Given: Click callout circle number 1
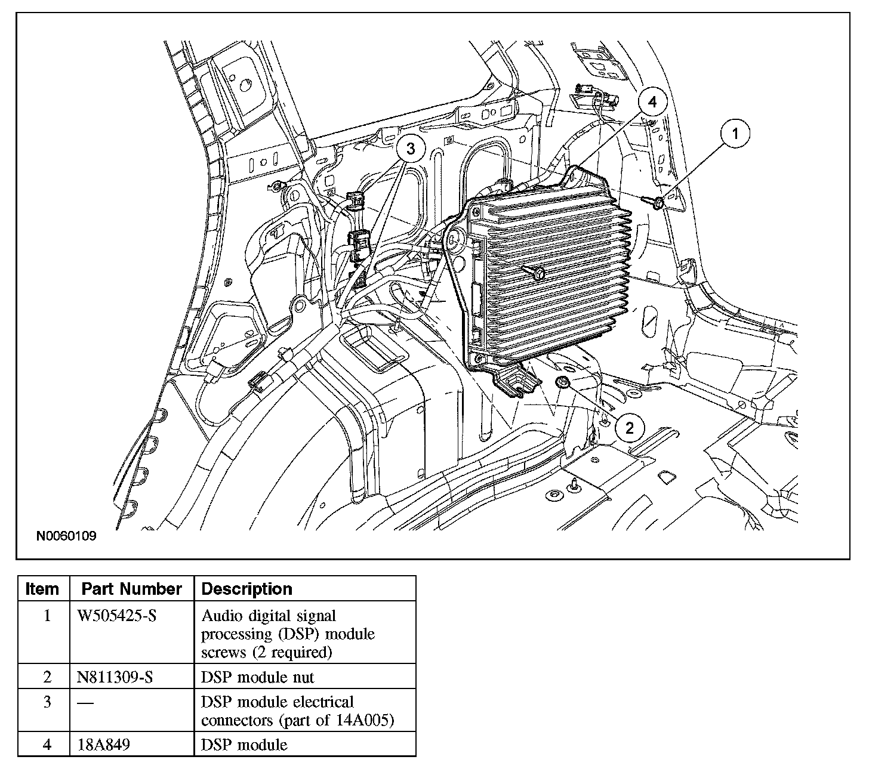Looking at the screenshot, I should click(735, 135).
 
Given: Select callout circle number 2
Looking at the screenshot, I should click(630, 427).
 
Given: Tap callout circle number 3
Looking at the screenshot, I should click(410, 149).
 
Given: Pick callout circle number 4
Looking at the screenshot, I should click(652, 102).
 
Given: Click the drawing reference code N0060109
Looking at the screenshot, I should click(66, 536).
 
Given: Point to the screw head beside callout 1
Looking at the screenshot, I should click(658, 204).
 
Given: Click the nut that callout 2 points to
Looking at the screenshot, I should click(562, 382).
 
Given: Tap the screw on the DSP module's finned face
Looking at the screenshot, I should click(538, 273).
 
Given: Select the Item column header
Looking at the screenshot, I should click(42, 589).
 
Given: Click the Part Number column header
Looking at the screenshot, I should click(131, 589).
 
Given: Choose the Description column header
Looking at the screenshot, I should click(247, 589).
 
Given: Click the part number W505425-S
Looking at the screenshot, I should click(117, 616).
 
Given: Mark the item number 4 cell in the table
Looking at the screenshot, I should click(47, 745).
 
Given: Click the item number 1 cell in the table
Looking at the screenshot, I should click(47, 616).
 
